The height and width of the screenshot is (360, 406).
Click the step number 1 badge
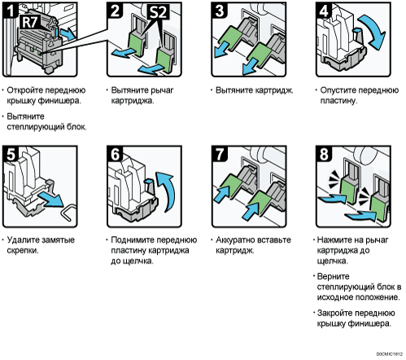click(10, 10)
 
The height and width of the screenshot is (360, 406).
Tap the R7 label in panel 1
click(30, 22)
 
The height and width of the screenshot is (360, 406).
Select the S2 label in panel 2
click(158, 12)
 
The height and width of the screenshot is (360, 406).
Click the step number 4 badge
click(324, 11)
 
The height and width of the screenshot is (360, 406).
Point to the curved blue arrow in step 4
click(376, 31)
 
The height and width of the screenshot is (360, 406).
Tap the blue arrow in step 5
click(50, 200)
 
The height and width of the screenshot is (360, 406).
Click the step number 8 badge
click(324, 154)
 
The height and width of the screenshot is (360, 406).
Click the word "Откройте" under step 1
click(24, 90)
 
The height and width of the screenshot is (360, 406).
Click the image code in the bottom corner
click(389, 354)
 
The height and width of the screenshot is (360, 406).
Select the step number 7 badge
click(219, 154)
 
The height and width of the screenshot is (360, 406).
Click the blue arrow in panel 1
click(68, 34)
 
